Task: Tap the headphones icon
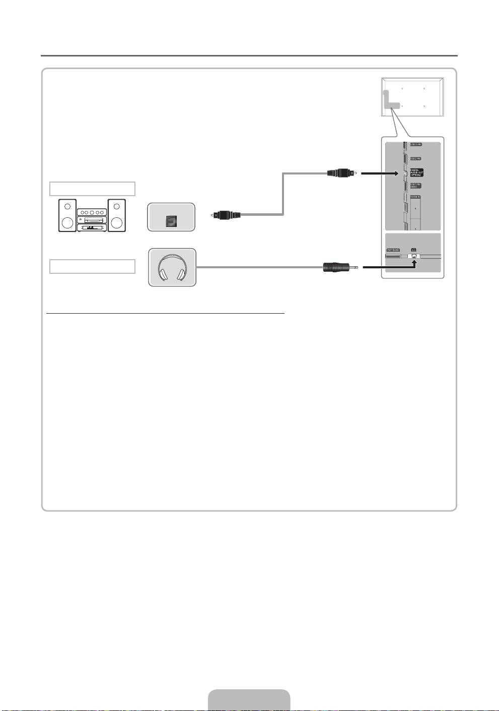pos(172,267)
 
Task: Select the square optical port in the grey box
pos(171,220)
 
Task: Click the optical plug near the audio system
pos(226,215)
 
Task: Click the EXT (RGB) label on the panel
pos(393,250)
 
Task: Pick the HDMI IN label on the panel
pos(415,197)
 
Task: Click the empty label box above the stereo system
pos(92,189)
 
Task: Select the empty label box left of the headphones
pos(92,266)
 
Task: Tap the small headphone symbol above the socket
pos(413,249)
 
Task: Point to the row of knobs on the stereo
pos(91,212)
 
